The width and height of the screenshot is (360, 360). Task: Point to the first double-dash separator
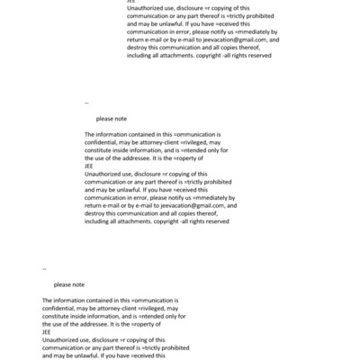86,103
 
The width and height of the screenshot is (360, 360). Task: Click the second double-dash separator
44,269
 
